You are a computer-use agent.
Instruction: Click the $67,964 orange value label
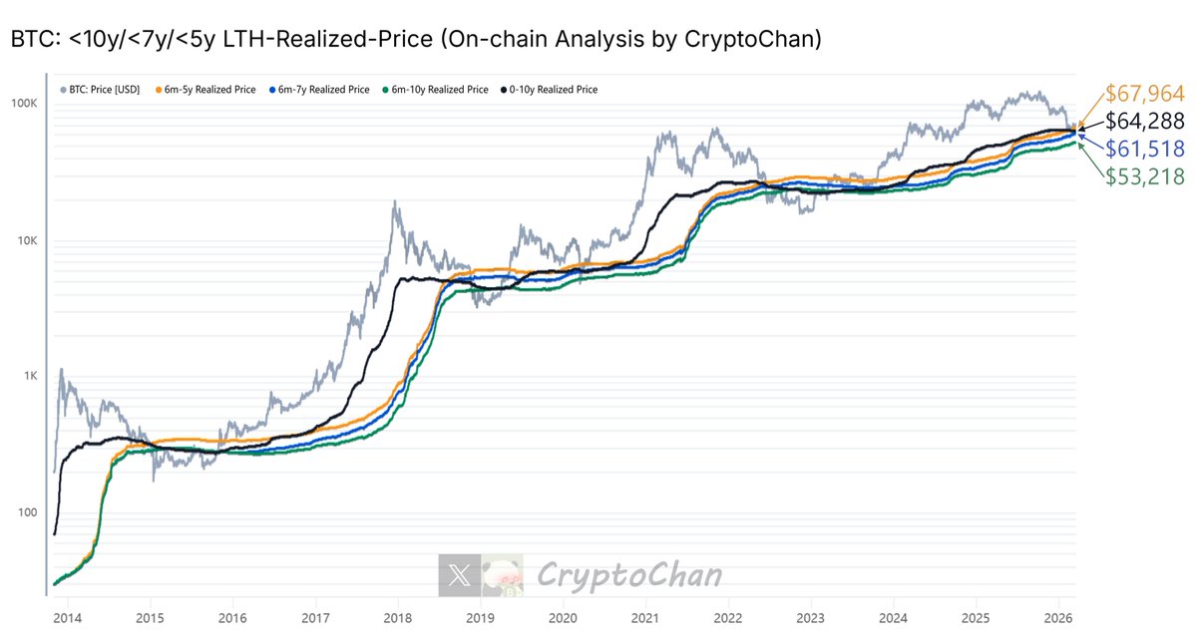click(1144, 95)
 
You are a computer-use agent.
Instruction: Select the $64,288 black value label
click(1145, 123)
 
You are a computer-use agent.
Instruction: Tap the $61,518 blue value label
click(1145, 150)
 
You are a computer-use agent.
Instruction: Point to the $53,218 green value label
click(1145, 176)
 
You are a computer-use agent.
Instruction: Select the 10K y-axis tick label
click(27, 241)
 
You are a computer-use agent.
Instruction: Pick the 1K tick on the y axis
click(30, 377)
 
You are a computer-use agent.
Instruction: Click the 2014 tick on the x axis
click(68, 617)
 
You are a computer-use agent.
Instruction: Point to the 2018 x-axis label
click(397, 617)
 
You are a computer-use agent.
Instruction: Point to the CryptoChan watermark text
click(628, 575)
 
